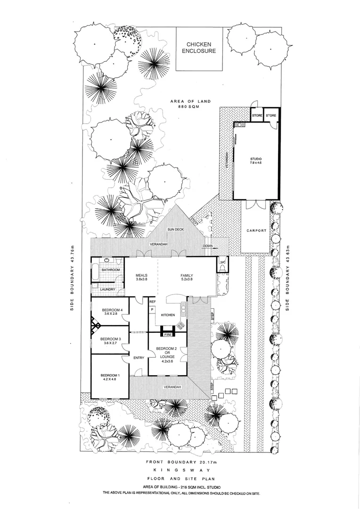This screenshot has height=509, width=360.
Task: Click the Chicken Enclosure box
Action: coord(198,49)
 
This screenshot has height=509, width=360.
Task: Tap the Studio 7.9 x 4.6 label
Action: coord(256,160)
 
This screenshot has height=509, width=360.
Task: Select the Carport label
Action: coord(256,231)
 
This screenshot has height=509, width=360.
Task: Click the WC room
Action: coord(223,264)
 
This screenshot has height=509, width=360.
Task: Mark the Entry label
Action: coord(139,358)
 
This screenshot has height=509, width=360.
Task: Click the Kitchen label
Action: coord(168,314)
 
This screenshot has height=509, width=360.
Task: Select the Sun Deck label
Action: coord(176,229)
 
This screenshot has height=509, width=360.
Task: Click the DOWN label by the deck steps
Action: coord(208,246)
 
